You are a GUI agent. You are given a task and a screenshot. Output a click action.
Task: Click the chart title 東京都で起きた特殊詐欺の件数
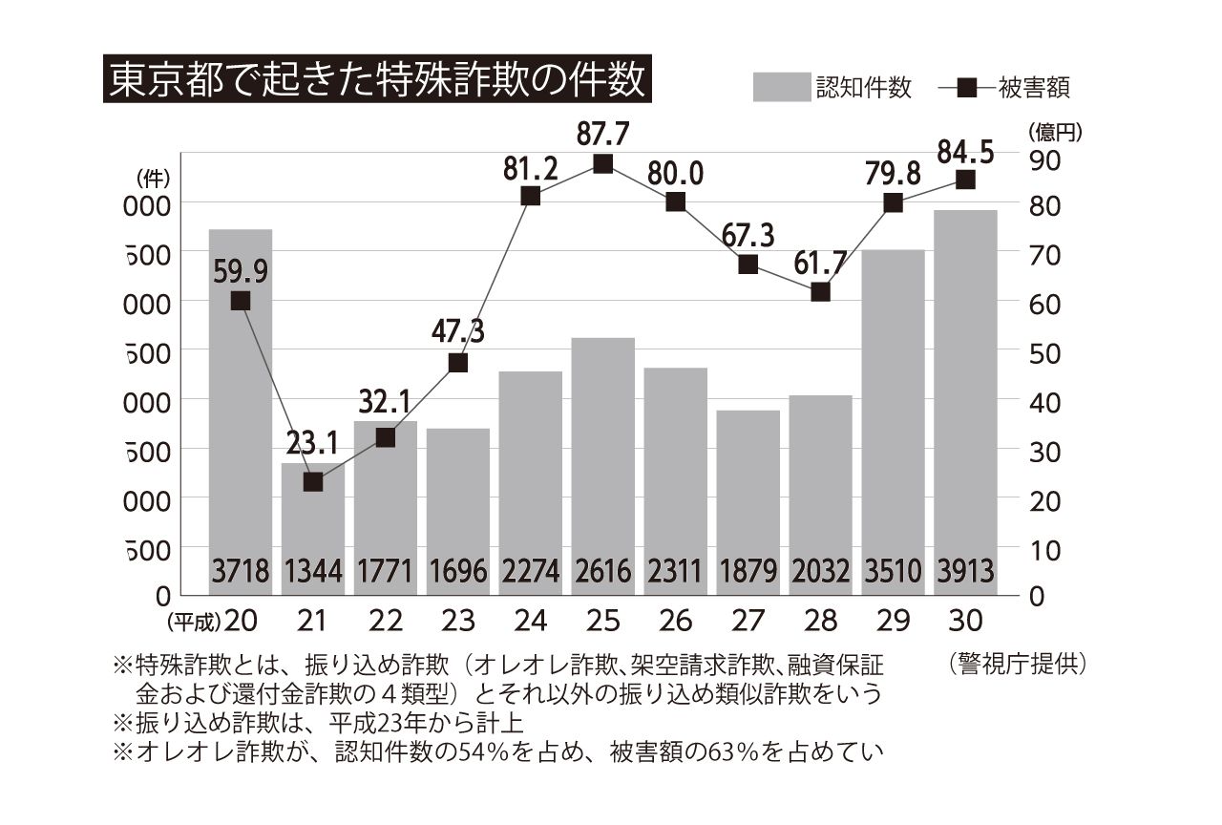(376, 81)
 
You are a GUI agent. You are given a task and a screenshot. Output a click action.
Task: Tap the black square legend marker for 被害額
(966, 88)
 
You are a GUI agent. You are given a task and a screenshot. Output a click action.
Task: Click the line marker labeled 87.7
(602, 164)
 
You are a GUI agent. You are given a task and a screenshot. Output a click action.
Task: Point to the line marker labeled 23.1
(312, 482)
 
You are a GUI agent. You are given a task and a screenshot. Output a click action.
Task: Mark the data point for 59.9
(241, 301)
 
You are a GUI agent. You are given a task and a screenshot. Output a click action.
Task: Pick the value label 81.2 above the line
(531, 170)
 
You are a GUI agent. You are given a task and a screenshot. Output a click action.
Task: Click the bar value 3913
(965, 573)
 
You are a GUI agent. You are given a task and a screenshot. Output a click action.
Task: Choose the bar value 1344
(312, 573)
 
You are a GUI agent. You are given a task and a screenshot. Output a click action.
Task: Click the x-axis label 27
(748, 621)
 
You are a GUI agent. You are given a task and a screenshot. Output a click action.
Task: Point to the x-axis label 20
(241, 621)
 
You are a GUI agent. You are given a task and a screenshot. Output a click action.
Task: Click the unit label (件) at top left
(153, 177)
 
